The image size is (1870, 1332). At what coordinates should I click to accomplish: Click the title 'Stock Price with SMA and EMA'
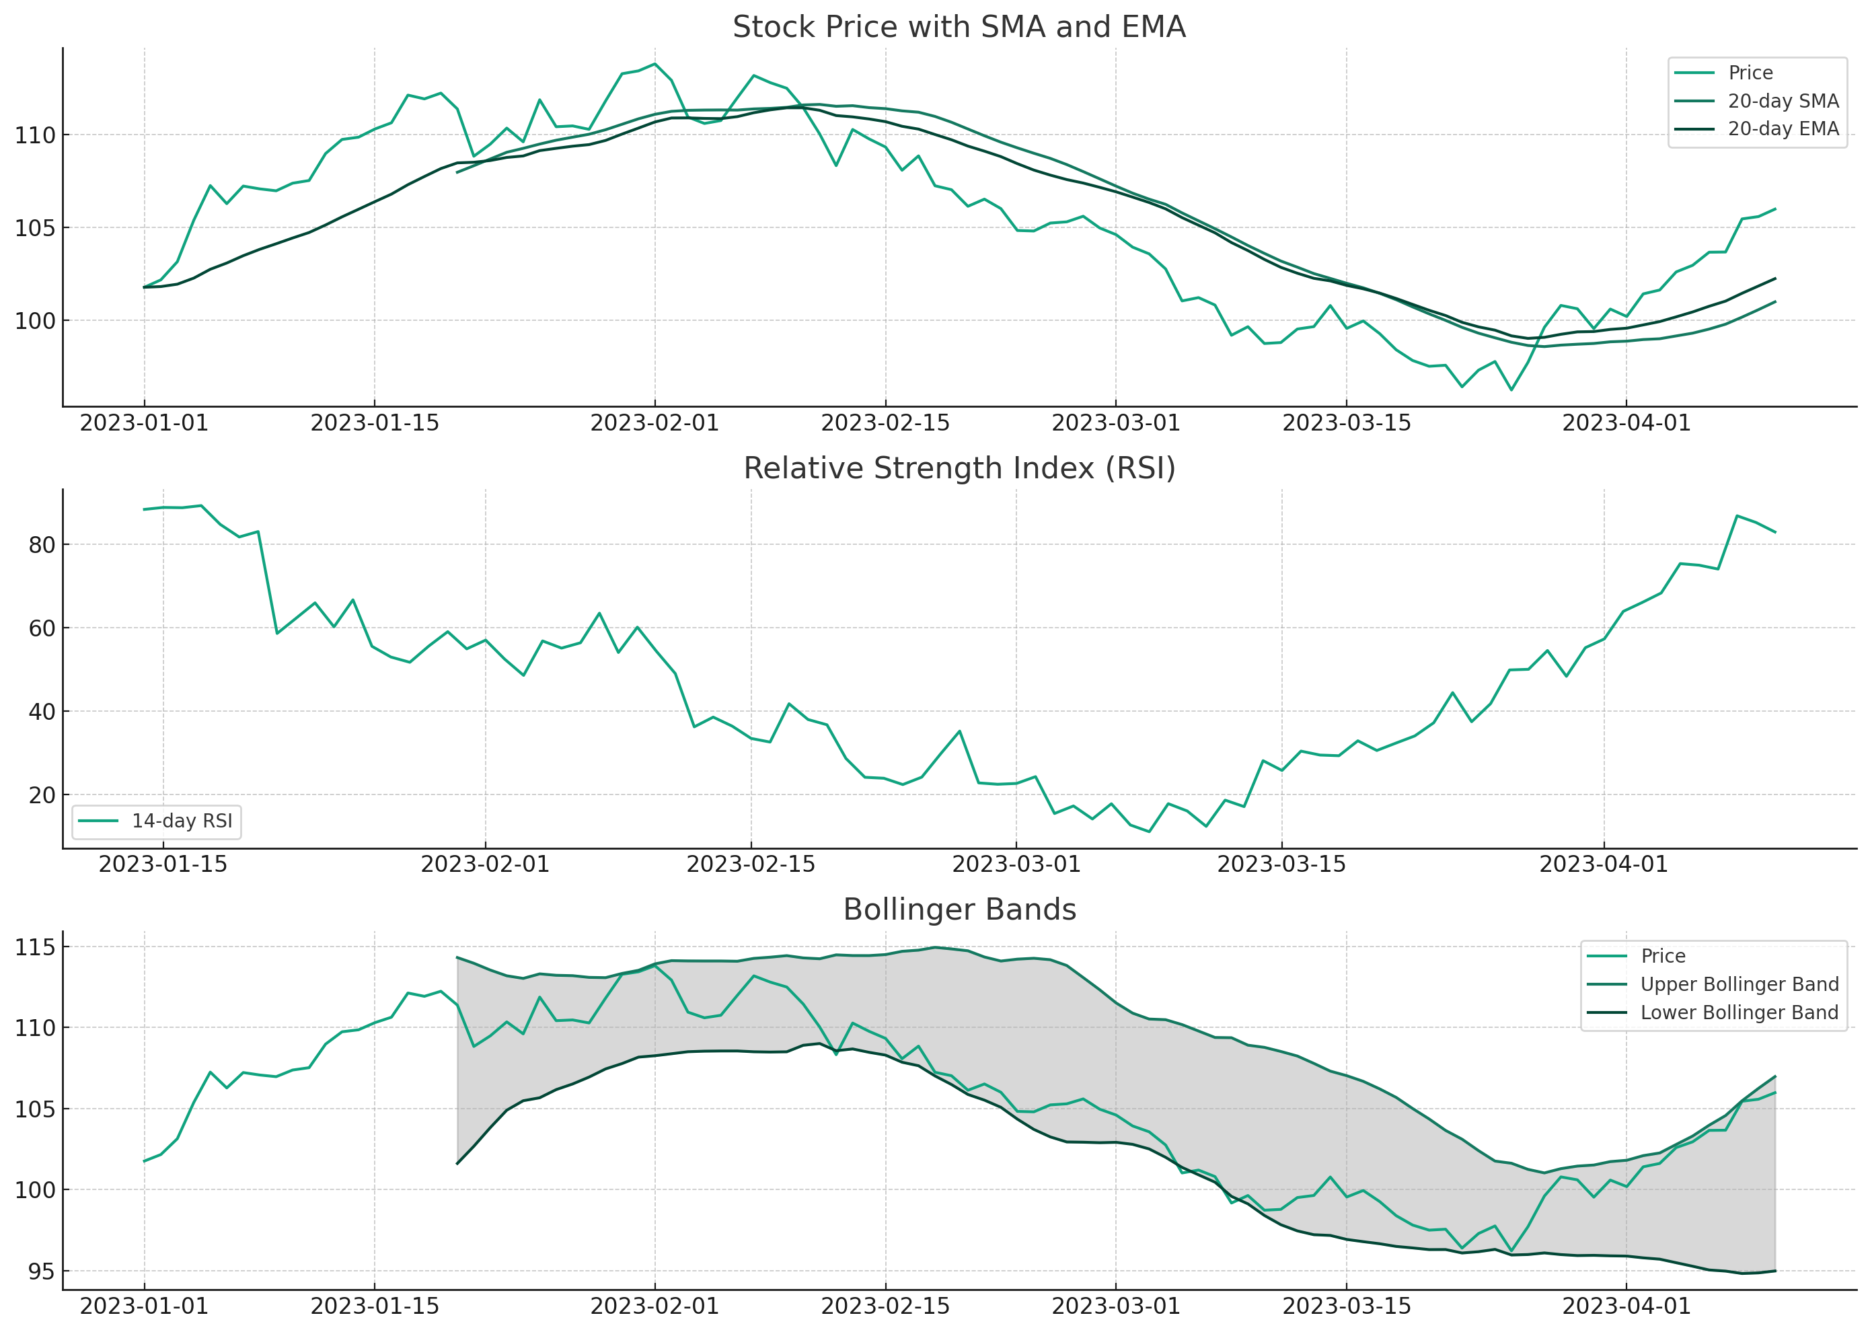(959, 27)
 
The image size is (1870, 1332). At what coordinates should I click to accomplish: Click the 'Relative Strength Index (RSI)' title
(959, 468)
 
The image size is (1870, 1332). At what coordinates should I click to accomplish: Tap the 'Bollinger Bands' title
(959, 910)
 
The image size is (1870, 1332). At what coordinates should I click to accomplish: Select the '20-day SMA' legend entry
(1783, 101)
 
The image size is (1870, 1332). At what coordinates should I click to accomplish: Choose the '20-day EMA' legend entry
(1783, 128)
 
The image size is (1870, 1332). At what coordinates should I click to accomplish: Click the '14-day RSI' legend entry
(182, 821)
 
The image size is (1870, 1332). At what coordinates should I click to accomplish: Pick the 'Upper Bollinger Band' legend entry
(1740, 984)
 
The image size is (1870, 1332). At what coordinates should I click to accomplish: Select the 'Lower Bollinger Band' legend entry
(1740, 1012)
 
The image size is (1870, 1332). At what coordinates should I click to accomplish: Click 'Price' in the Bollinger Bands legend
(1663, 957)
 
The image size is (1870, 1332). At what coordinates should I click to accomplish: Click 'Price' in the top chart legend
(1750, 73)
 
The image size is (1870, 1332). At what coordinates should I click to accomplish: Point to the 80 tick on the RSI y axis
(42, 546)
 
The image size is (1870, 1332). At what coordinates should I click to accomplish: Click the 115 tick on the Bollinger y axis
(35, 948)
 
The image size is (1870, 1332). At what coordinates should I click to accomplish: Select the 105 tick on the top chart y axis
(35, 228)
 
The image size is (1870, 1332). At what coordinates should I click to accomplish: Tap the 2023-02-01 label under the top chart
(654, 423)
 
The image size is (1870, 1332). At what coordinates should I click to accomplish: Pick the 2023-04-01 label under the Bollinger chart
(1626, 1306)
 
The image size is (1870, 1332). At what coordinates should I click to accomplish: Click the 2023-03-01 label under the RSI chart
(1016, 864)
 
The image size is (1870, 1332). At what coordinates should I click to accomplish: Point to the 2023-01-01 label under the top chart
(145, 423)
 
